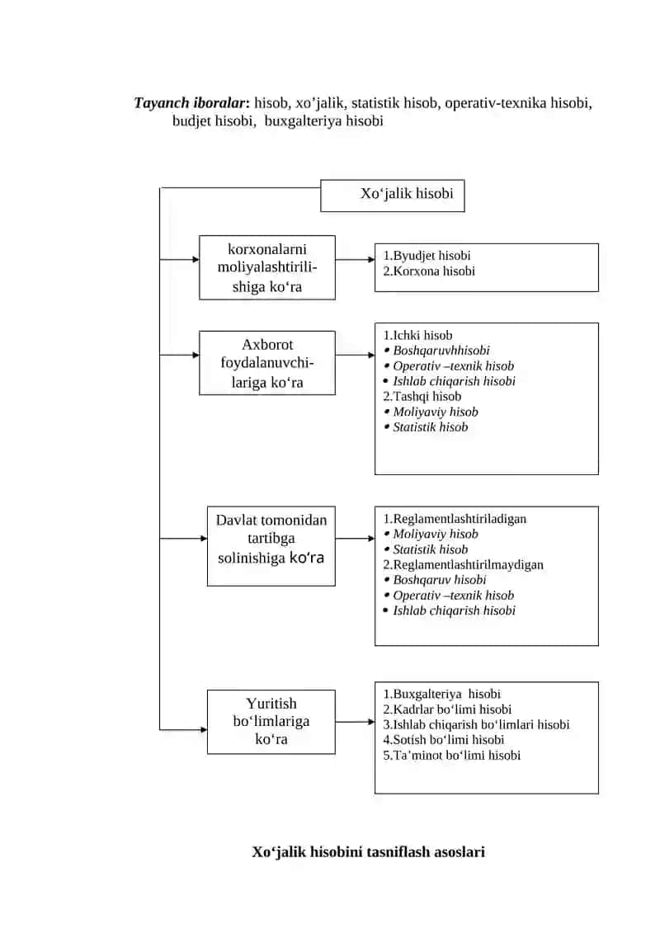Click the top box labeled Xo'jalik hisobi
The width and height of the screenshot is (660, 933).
point(392,196)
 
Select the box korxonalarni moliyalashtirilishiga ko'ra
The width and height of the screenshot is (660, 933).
point(267,268)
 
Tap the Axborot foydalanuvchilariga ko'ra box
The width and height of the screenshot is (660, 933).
point(267,363)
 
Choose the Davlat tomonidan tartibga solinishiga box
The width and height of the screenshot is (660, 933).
point(271,546)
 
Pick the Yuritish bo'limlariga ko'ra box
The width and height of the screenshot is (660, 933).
point(271,722)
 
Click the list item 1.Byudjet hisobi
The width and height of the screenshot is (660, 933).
point(427,255)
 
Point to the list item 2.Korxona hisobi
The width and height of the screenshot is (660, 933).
point(429,271)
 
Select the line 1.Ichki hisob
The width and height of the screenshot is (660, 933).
point(417,335)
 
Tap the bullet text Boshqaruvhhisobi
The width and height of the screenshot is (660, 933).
point(441,351)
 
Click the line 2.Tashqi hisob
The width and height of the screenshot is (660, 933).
point(422,396)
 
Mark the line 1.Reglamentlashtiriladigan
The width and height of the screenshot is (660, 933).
point(455,519)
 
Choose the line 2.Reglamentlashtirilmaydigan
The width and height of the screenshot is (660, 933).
point(463,565)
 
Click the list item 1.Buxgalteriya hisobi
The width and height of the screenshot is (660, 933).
point(441,694)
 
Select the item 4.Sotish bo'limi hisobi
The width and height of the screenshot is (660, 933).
point(443,740)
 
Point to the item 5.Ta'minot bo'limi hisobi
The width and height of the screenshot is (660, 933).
point(452,755)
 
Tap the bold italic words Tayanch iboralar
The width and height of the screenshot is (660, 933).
point(191,103)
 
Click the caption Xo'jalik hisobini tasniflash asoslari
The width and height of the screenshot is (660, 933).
point(369,852)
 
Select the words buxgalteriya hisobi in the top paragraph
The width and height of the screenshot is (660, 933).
point(323,120)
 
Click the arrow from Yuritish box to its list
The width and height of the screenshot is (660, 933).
point(356,722)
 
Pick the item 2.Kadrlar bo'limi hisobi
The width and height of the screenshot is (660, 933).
point(447,709)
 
